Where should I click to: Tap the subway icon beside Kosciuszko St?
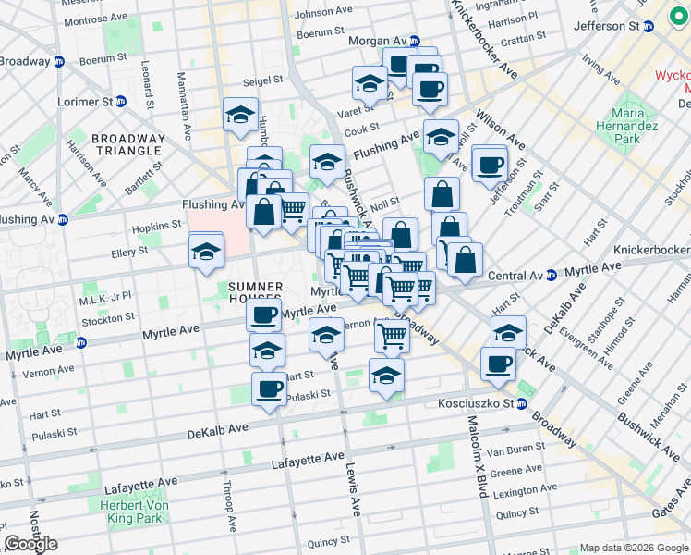(521, 403)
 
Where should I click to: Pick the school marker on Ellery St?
(206, 251)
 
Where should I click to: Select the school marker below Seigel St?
(240, 116)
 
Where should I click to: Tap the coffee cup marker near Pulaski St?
(269, 388)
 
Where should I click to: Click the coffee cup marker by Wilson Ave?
(490, 164)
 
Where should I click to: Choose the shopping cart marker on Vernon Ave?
(393, 337)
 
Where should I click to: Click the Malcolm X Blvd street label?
(477, 457)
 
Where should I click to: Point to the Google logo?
(30, 544)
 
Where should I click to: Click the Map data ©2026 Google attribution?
(633, 548)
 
